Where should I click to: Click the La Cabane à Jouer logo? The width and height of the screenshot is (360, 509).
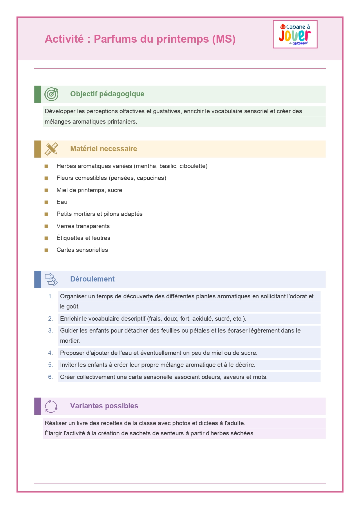click(x=295, y=34)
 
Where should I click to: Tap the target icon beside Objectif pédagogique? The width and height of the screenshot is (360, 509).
click(x=51, y=94)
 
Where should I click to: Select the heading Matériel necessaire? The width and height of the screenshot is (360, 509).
click(x=104, y=149)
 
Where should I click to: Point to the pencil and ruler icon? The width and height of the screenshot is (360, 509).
click(x=51, y=149)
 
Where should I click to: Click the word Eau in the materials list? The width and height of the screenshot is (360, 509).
click(x=62, y=202)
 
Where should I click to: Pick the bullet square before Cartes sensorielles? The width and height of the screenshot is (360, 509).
click(x=46, y=250)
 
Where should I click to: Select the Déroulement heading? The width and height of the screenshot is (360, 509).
click(x=92, y=279)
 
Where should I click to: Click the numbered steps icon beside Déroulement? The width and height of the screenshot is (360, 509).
click(x=51, y=279)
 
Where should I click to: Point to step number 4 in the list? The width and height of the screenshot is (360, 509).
click(x=50, y=353)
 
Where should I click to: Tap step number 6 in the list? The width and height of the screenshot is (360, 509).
click(x=50, y=377)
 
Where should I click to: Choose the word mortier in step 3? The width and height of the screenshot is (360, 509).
click(x=70, y=341)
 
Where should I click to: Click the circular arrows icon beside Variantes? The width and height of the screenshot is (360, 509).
click(x=51, y=406)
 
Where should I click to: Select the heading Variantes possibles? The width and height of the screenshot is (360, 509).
click(x=104, y=406)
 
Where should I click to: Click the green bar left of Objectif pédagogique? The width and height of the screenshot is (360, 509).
click(x=38, y=94)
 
